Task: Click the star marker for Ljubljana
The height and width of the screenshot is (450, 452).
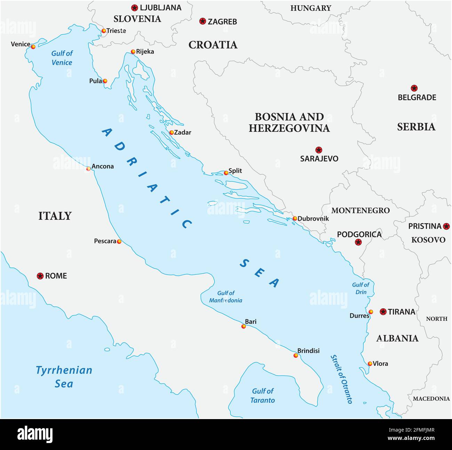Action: click(x=135, y=8)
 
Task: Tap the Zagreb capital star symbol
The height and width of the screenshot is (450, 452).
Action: click(x=203, y=21)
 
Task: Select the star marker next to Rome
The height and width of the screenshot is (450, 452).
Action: click(x=40, y=276)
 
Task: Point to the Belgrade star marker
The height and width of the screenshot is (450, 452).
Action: click(x=414, y=88)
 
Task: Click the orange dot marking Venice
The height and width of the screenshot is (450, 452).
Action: click(x=33, y=47)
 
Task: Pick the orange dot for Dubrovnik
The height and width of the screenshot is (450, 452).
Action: click(x=295, y=219)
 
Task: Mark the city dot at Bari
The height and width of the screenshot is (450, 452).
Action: click(x=244, y=326)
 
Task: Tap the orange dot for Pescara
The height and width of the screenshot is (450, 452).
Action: click(x=119, y=242)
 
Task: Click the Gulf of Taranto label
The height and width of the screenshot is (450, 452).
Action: click(x=263, y=395)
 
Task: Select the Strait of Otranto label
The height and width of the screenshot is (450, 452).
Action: click(x=341, y=379)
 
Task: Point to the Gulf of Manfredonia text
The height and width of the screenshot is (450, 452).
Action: click(x=226, y=297)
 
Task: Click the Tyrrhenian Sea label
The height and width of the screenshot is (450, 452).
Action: click(x=64, y=377)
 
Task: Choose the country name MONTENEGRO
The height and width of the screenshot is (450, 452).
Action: click(x=360, y=210)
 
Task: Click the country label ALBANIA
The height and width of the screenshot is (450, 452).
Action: click(x=397, y=338)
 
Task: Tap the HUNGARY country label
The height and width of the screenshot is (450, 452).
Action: click(x=310, y=8)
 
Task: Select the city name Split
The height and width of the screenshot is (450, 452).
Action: click(x=235, y=171)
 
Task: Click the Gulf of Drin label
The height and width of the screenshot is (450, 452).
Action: click(x=361, y=288)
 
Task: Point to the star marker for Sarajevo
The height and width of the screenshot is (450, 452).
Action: click(x=318, y=150)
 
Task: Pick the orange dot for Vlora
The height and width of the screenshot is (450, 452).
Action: click(x=370, y=364)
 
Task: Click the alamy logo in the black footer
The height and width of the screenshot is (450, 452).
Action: click(x=35, y=434)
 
